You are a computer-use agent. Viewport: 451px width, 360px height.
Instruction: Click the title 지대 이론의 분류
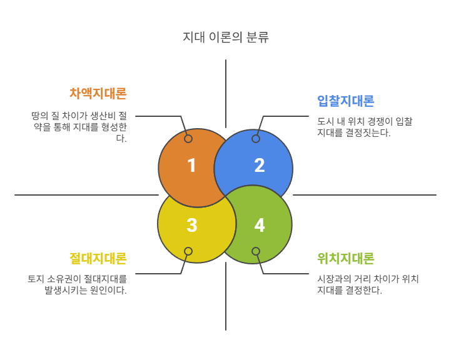tap(225, 37)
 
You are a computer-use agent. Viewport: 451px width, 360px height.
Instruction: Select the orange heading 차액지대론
tap(98, 94)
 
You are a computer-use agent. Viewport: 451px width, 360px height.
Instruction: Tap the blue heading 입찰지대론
tap(345, 101)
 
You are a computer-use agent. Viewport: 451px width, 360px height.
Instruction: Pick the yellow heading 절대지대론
tap(98, 258)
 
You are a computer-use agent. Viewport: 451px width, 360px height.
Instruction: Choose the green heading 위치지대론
tap(345, 258)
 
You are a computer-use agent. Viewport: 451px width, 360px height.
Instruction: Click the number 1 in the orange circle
tap(191, 166)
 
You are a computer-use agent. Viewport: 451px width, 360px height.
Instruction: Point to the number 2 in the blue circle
tap(259, 166)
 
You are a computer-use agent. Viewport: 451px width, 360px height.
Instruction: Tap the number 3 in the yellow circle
tap(191, 226)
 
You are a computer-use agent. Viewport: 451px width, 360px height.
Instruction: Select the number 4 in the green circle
tap(259, 226)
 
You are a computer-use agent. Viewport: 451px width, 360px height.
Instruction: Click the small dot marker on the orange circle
tap(188, 139)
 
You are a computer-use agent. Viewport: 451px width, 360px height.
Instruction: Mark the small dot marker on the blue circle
tap(255, 139)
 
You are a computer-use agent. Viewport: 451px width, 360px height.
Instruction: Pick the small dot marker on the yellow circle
tap(188, 251)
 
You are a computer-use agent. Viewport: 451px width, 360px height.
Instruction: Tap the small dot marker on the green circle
tap(255, 251)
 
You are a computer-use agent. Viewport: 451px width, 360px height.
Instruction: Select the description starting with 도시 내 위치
tap(364, 127)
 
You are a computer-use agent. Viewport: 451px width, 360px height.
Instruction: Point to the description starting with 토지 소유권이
tap(77, 284)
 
